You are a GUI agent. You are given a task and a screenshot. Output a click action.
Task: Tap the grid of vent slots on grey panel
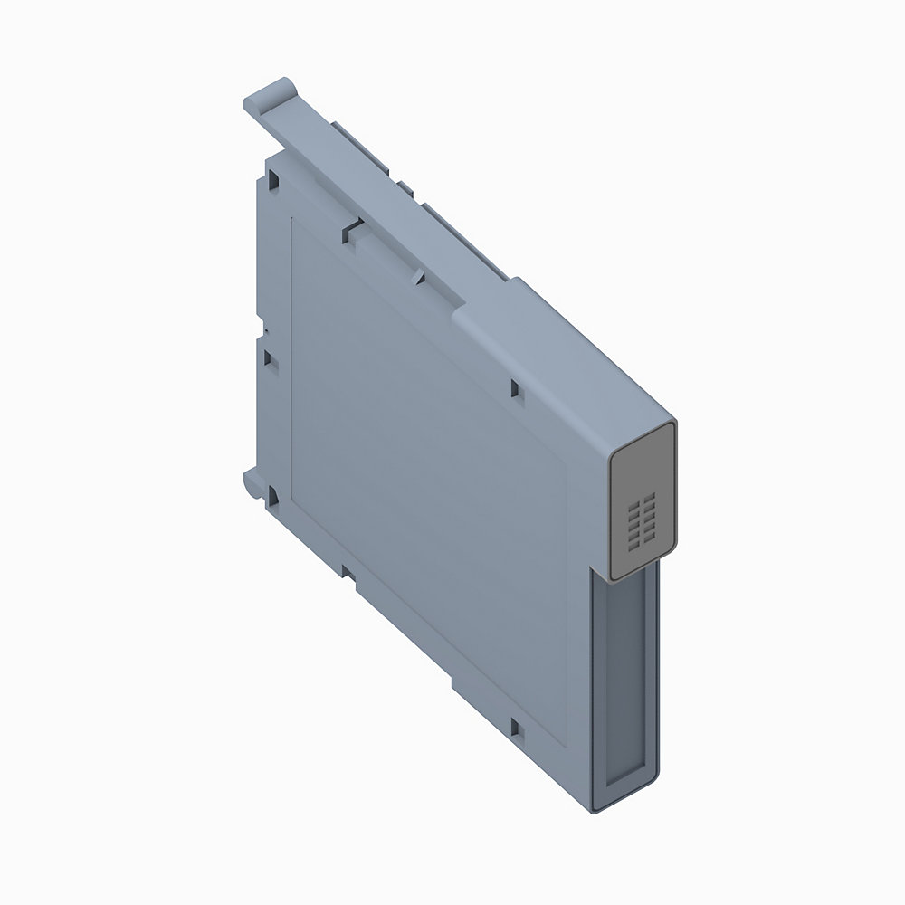click(x=643, y=523)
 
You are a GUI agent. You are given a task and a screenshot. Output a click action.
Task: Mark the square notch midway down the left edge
click(x=269, y=357)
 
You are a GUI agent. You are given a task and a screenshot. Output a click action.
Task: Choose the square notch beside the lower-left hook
click(x=271, y=494)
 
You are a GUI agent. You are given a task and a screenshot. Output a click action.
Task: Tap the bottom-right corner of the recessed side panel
click(x=567, y=744)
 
